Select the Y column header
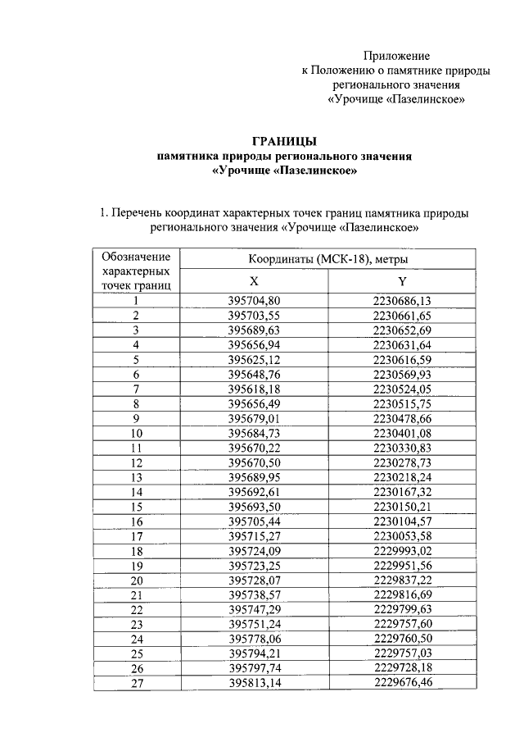pos(401,280)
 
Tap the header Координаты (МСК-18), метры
pos(328,259)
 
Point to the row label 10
pos(137,433)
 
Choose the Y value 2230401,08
pos(402,433)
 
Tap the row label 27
pos(137,683)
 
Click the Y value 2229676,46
pos(402,683)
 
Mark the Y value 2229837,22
pos(402,580)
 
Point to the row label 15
pos(137,507)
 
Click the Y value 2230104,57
pos(402,521)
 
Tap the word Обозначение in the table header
pos(136,256)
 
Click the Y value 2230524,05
pos(402,389)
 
